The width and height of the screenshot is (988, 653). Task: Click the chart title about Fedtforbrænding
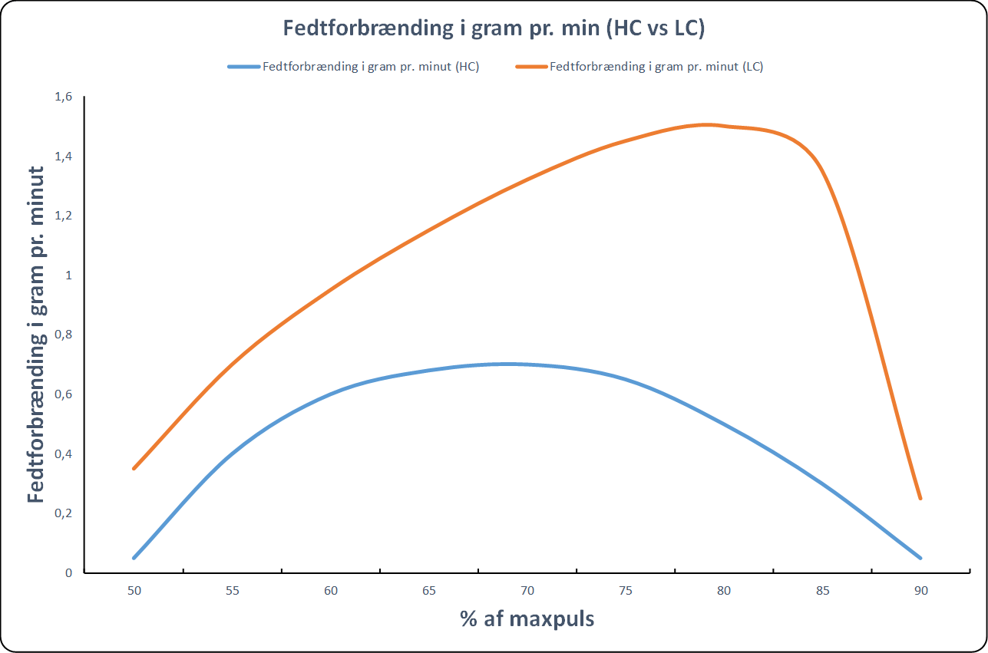click(x=494, y=28)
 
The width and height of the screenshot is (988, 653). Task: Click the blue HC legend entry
click(x=354, y=67)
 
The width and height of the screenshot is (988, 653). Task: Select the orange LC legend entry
click(x=639, y=67)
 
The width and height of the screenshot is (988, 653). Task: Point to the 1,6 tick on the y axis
click(x=63, y=97)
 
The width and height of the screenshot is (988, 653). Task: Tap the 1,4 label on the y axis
click(x=63, y=157)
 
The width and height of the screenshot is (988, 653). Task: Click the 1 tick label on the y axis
click(x=68, y=275)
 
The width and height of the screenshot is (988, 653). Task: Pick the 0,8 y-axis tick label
click(x=63, y=335)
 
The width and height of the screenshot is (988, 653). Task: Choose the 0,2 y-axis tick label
click(x=63, y=513)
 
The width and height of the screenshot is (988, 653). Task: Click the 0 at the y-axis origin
click(x=68, y=573)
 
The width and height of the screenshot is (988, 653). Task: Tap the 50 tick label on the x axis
click(x=134, y=591)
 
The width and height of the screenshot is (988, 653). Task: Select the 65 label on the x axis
click(x=429, y=591)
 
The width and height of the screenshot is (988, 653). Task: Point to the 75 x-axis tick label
click(x=626, y=591)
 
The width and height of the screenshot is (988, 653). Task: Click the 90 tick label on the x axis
click(x=920, y=591)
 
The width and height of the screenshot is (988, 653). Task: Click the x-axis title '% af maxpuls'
click(x=527, y=618)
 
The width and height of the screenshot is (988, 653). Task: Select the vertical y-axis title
click(x=36, y=335)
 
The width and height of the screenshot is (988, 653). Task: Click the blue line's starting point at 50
click(x=134, y=558)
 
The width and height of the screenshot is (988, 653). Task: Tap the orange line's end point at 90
click(x=920, y=499)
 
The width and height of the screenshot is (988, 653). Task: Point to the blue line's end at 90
click(x=920, y=558)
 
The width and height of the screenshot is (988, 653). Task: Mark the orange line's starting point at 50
click(x=134, y=468)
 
